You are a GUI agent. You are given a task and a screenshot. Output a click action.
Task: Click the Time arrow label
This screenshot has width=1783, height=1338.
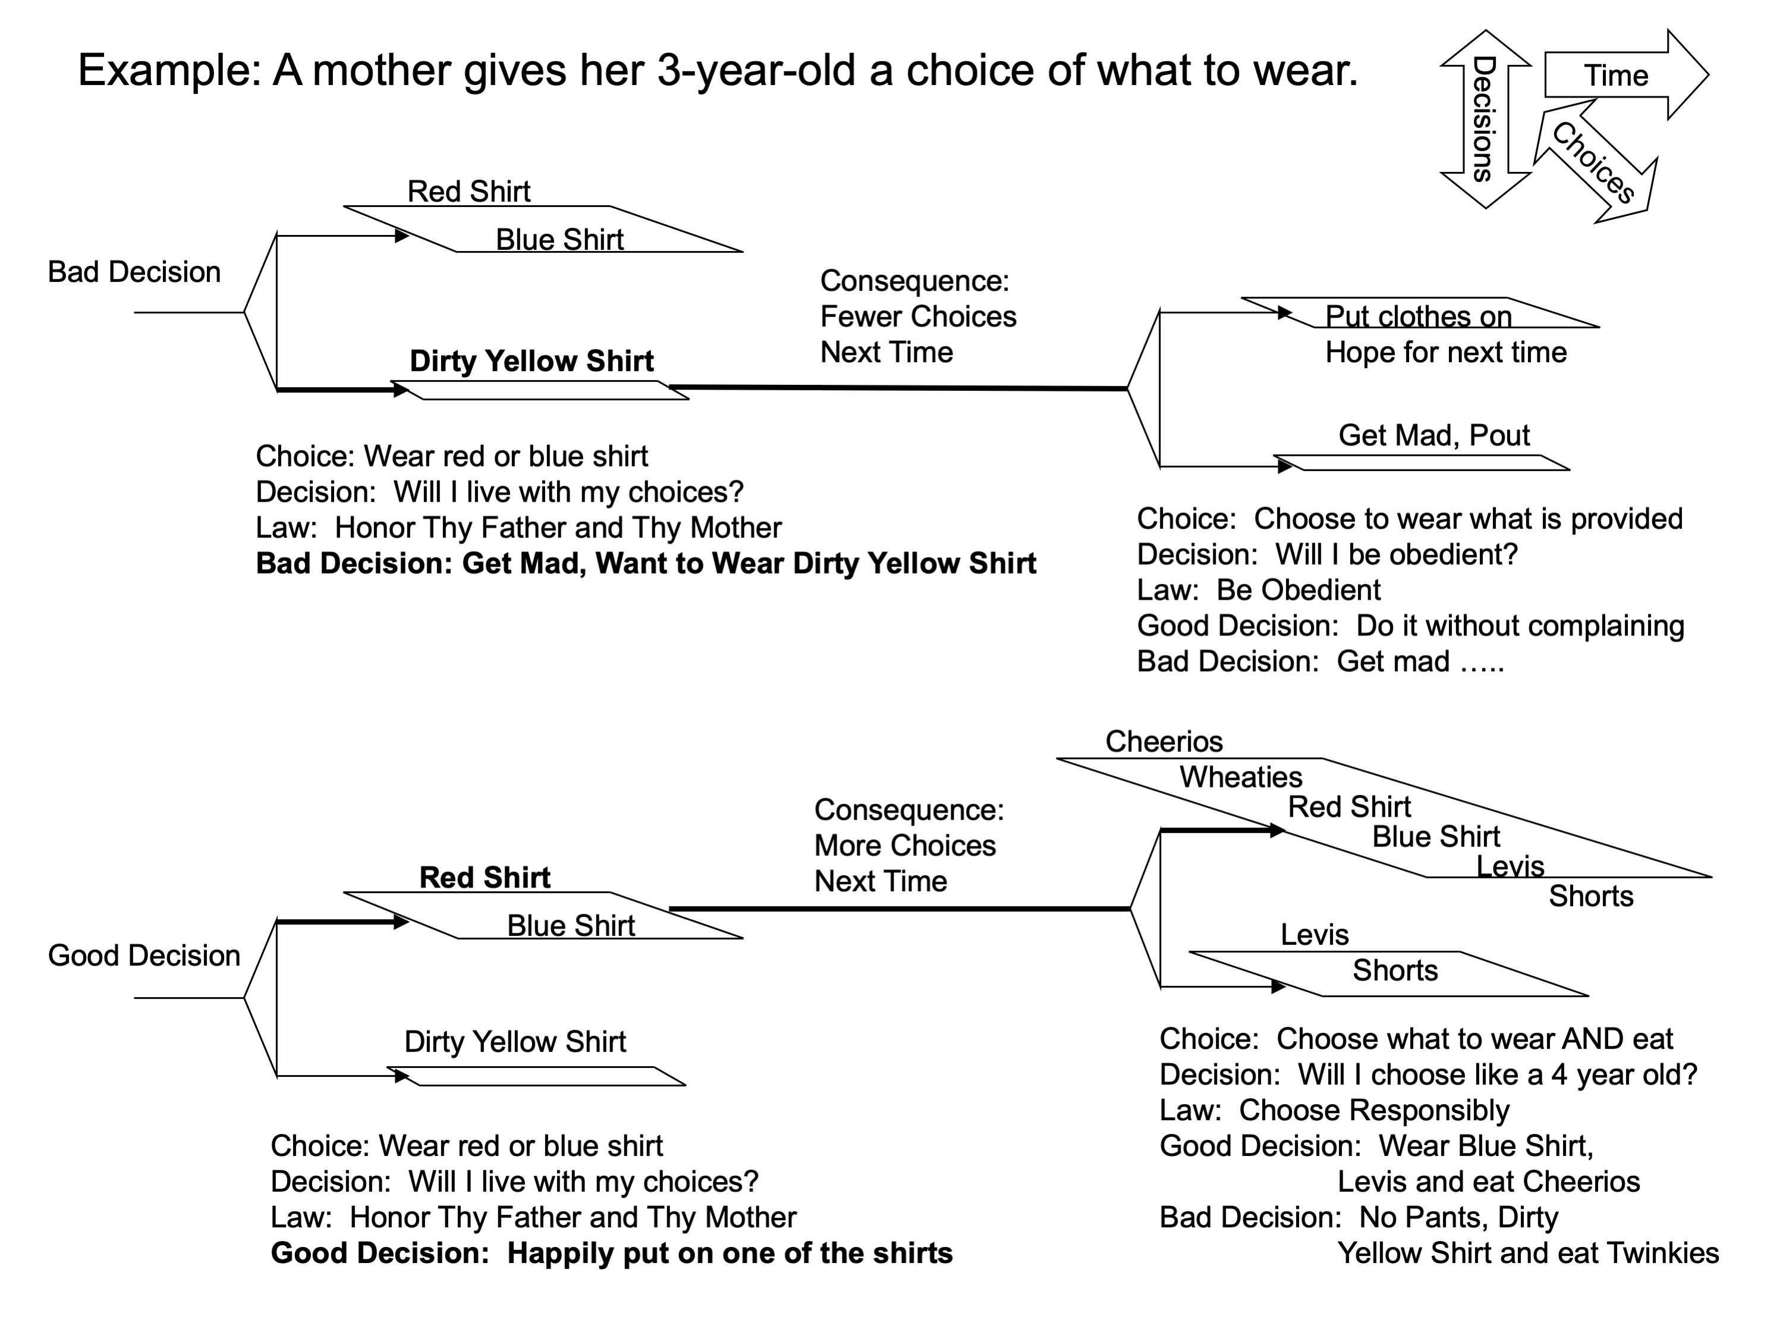coord(1615,75)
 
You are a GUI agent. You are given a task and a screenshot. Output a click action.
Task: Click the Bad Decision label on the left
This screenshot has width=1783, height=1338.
coord(134,272)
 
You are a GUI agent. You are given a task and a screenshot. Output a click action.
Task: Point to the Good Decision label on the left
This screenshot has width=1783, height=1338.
coord(143,955)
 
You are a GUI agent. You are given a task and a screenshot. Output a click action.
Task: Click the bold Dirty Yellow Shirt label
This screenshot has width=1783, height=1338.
coord(531,361)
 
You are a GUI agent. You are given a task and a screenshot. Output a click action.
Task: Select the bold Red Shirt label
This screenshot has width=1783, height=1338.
coord(485,877)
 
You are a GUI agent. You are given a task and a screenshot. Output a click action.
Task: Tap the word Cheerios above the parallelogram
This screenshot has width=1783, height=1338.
coord(1163,741)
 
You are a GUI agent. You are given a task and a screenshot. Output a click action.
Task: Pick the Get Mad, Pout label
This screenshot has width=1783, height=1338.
coord(1433,435)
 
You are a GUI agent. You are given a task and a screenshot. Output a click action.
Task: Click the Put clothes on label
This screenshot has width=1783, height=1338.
coord(1418,315)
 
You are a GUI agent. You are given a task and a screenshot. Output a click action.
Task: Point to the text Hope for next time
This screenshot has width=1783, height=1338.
coord(1445,352)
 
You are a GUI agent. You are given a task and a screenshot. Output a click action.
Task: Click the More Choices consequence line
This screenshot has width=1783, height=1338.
coord(904,845)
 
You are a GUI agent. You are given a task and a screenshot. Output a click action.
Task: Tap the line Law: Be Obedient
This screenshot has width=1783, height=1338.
coord(1257,590)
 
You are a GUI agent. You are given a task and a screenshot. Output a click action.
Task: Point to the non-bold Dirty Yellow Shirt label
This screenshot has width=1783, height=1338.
coord(514,1041)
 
